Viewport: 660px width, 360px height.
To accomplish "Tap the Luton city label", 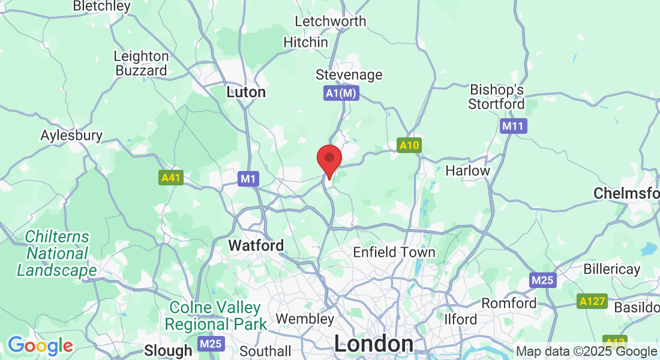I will pyautogui.click(x=246, y=92).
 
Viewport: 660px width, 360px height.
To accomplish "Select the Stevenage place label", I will pyautogui.click(x=349, y=75).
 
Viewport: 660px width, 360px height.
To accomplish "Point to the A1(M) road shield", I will pyautogui.click(x=341, y=93).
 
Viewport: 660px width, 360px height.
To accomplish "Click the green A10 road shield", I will pyautogui.click(x=409, y=145).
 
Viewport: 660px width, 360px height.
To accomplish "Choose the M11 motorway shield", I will pyautogui.click(x=513, y=126).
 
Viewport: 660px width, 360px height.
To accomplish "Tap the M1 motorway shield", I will pyautogui.click(x=248, y=178).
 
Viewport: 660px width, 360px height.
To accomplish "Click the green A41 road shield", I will pyautogui.click(x=170, y=178).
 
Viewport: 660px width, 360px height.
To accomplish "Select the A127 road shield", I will pyautogui.click(x=592, y=301).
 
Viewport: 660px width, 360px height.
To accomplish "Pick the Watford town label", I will pyautogui.click(x=256, y=246).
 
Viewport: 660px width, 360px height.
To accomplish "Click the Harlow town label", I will pyautogui.click(x=467, y=170).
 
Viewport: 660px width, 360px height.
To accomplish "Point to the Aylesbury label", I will pyautogui.click(x=71, y=136).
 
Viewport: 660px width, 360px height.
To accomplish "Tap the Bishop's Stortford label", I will pyautogui.click(x=497, y=97).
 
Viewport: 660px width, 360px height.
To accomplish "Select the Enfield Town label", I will pyautogui.click(x=394, y=253).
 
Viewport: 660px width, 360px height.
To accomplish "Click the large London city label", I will pyautogui.click(x=373, y=344).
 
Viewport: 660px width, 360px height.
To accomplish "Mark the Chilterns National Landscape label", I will pyautogui.click(x=56, y=254).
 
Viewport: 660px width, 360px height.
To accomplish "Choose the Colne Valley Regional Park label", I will pyautogui.click(x=215, y=316).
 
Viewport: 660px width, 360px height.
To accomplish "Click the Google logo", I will pyautogui.click(x=40, y=346).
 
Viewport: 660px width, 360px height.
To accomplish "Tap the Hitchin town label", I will pyautogui.click(x=306, y=43).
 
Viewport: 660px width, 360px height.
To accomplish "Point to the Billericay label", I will pyautogui.click(x=612, y=269).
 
